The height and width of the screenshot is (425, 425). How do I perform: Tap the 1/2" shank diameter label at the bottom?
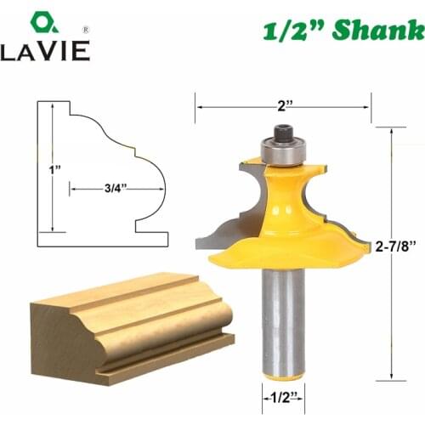[x=283, y=397]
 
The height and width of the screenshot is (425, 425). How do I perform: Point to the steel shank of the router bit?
[x=282, y=314]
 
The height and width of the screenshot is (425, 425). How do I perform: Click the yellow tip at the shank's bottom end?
[x=282, y=375]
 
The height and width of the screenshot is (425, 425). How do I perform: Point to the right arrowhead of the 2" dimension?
[x=367, y=106]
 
